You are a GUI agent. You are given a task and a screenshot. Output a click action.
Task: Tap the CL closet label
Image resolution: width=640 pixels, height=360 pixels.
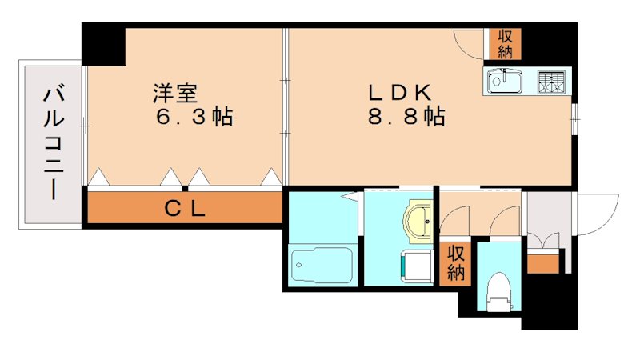[186, 210]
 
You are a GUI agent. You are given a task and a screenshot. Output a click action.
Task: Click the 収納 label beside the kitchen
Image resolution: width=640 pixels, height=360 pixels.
[505, 44]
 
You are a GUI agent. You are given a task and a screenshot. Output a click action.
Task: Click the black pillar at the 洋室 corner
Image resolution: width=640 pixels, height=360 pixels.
[104, 44]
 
